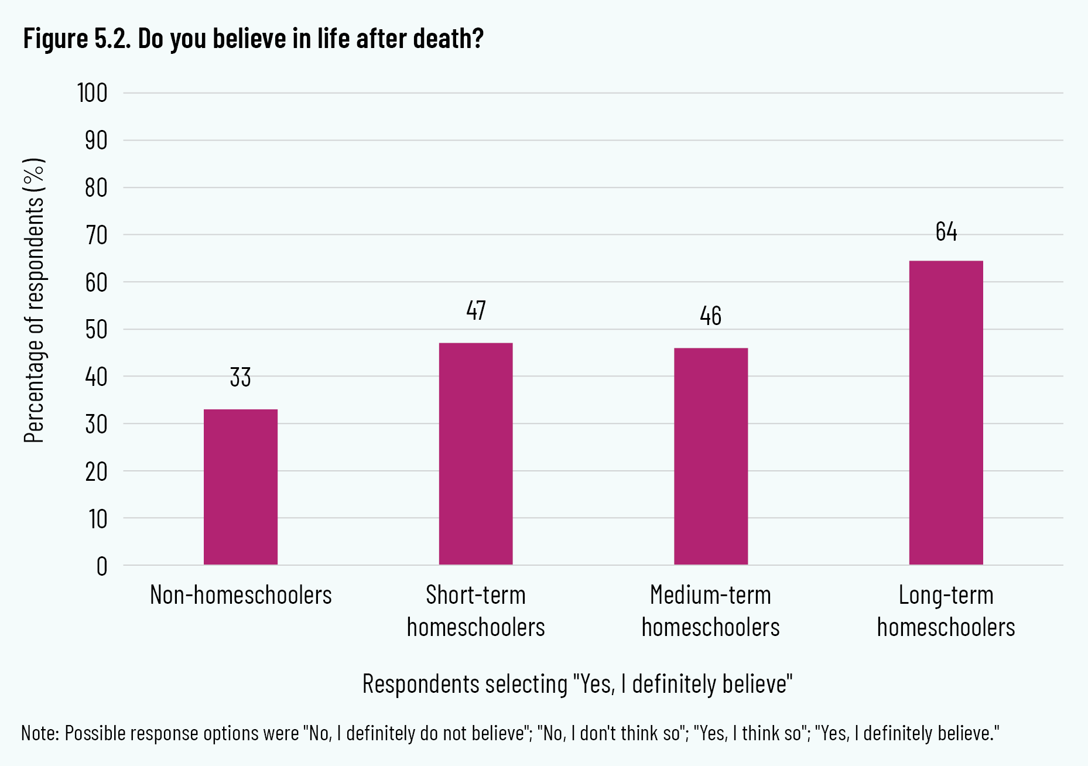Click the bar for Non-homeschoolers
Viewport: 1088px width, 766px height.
click(241, 487)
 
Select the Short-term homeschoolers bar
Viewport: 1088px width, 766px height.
click(475, 454)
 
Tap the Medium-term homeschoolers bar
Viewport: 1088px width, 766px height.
click(711, 456)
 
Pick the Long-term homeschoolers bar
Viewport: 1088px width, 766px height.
click(946, 412)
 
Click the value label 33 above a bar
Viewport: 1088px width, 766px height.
click(241, 378)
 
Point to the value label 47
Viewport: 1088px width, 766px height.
click(476, 310)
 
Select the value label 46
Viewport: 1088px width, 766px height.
click(711, 316)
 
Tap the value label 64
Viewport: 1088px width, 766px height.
click(946, 232)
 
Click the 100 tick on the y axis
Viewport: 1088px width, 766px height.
click(93, 93)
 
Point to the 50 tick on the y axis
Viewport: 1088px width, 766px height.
click(96, 330)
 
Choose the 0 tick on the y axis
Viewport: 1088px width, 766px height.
click(102, 566)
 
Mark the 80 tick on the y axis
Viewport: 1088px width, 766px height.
click(96, 188)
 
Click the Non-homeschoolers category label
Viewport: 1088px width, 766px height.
click(241, 595)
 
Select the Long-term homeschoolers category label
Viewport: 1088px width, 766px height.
click(946, 611)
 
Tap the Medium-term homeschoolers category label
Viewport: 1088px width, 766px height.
click(711, 611)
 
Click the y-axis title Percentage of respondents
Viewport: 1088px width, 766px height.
click(34, 300)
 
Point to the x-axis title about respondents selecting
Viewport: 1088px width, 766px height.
click(577, 684)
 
